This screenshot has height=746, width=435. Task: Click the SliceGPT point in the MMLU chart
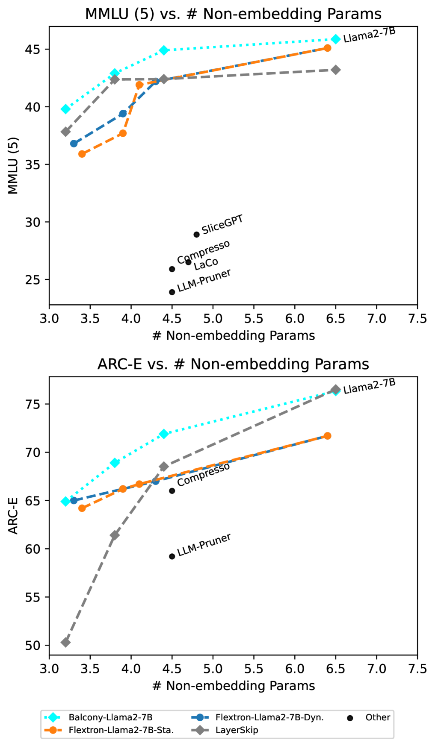196,234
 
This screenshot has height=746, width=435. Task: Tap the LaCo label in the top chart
206,264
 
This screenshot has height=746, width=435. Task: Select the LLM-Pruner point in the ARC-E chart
172,556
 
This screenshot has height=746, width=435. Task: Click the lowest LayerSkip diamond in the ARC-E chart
65,642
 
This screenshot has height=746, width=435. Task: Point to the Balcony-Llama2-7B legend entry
110,717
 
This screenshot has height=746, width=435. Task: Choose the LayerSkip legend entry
237,730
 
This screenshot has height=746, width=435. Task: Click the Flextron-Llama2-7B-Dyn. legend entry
269,717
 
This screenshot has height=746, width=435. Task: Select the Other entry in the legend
377,717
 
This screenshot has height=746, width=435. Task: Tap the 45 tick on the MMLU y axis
33,50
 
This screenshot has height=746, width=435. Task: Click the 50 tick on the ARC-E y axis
33,646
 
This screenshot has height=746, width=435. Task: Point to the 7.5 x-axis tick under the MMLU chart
417,319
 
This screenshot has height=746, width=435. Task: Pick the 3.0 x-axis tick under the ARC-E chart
49,669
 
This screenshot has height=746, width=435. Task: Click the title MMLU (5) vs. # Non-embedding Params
233,14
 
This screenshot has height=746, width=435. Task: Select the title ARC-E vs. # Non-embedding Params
233,364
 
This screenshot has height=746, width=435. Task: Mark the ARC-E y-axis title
13,516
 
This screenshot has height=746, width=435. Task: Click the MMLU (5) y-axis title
13,165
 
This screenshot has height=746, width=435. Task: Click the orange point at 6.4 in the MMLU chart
327,48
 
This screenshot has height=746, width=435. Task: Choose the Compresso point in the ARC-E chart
172,490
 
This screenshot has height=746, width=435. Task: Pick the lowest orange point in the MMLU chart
82,154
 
